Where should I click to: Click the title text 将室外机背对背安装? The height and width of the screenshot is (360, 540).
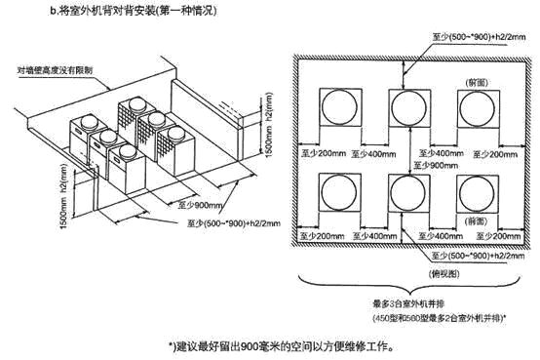click(x=127, y=13)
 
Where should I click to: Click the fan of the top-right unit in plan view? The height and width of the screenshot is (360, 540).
click(x=474, y=105)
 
